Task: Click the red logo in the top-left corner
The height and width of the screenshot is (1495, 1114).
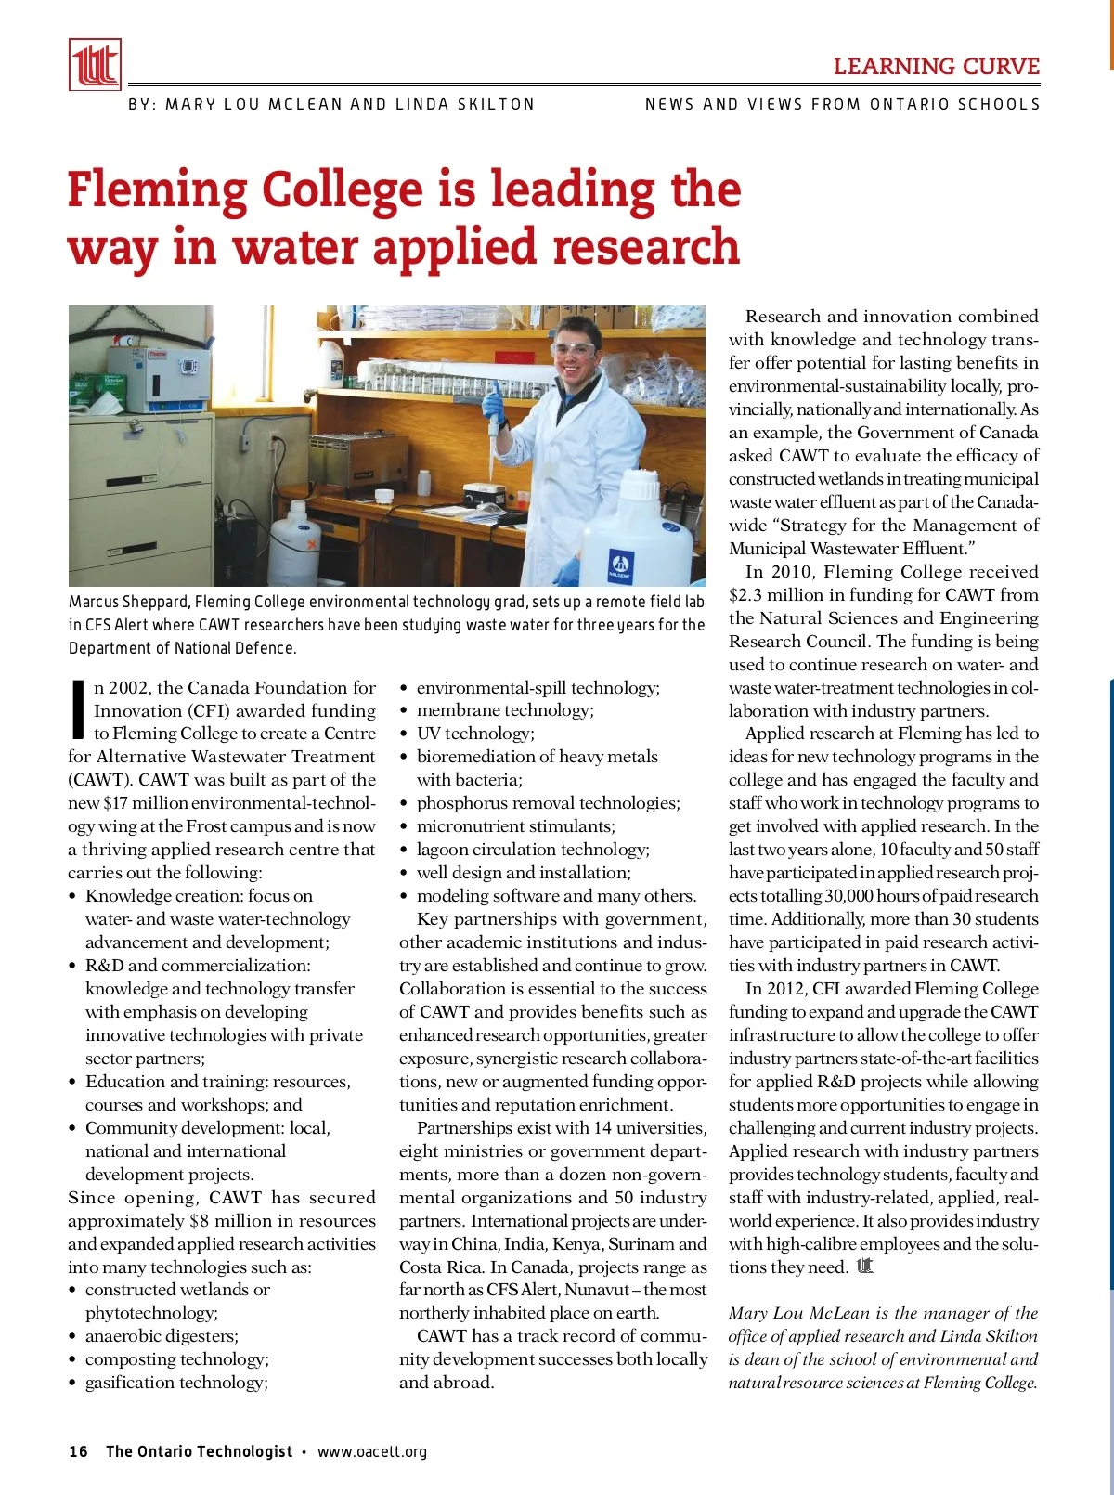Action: click(x=95, y=64)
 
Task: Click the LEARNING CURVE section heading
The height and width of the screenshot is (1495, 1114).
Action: click(x=936, y=67)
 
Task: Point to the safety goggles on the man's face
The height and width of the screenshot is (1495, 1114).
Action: click(x=573, y=350)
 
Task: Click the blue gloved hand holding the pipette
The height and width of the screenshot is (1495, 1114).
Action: click(x=493, y=404)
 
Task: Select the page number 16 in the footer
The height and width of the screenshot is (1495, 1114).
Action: click(x=78, y=1451)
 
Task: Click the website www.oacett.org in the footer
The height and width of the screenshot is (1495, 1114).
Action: click(x=372, y=1451)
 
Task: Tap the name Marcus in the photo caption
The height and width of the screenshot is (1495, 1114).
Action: click(x=94, y=602)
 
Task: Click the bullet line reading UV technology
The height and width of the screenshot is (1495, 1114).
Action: click(x=475, y=734)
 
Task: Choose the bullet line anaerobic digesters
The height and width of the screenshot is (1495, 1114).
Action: click(x=162, y=1336)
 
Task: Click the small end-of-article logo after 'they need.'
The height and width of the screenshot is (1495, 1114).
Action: click(x=865, y=1267)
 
